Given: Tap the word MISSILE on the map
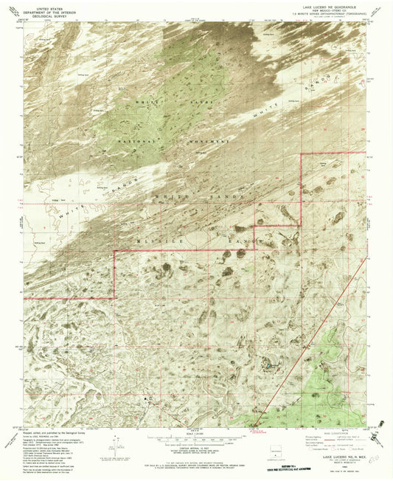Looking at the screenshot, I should (x=161, y=240).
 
